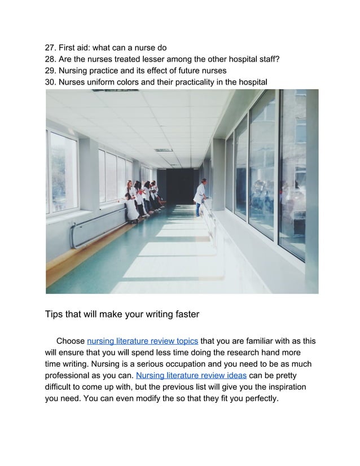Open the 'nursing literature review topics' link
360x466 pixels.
pos(142,341)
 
